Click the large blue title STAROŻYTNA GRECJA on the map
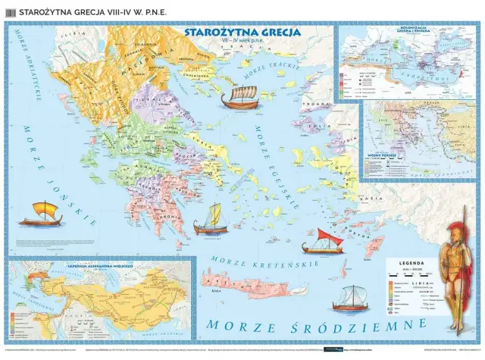(242, 33)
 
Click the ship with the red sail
(323, 240)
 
